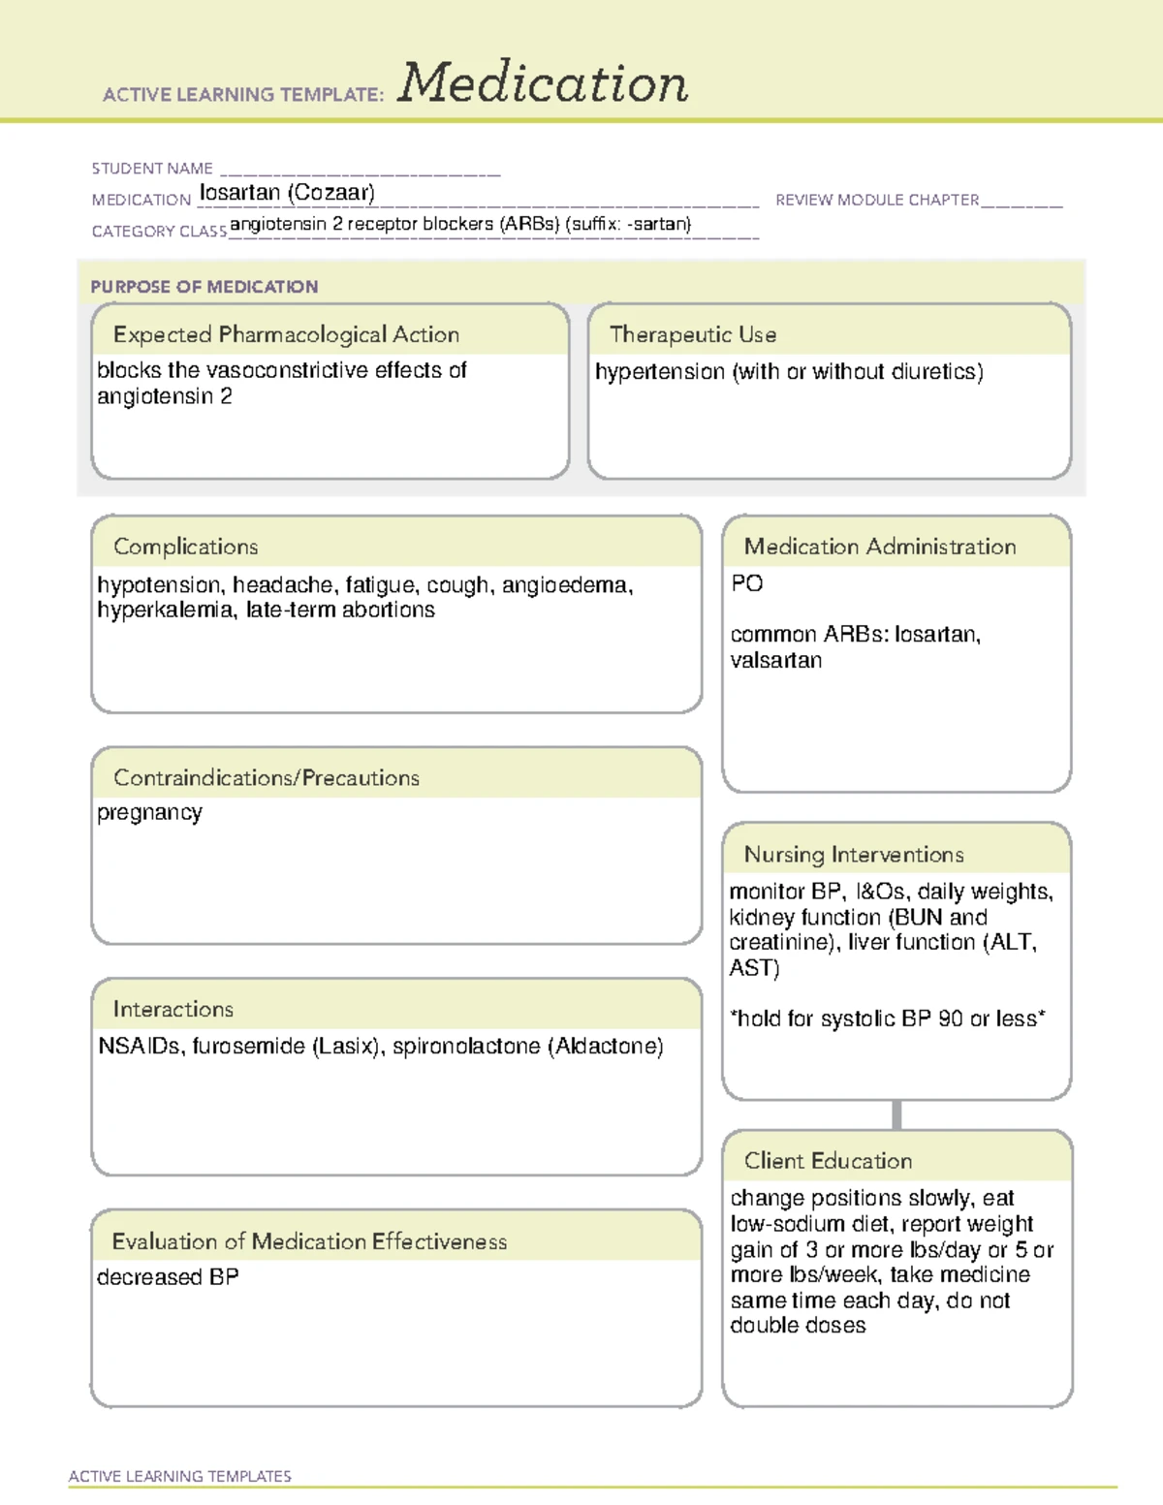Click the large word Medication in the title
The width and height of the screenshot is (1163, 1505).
coord(543,83)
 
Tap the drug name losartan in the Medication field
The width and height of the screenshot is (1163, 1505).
coord(239,193)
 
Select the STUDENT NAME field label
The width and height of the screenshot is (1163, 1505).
coord(152,169)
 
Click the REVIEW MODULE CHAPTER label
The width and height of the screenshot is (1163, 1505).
coord(877,201)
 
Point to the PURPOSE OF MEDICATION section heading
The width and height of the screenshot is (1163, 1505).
coord(204,287)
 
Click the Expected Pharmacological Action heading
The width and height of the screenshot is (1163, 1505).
coord(286,334)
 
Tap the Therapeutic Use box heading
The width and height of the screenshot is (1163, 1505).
coord(692,334)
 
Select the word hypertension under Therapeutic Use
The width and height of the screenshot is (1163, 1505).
coord(660,372)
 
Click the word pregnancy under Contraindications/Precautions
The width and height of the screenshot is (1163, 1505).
coord(149,813)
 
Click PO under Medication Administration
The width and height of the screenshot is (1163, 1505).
coord(746,583)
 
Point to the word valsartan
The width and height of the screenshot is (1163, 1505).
coord(775,661)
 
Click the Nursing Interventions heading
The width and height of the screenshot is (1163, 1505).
coord(853,855)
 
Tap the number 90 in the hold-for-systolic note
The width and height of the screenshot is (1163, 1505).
coord(950,1019)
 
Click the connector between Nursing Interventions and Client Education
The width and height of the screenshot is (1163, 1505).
coord(896,1114)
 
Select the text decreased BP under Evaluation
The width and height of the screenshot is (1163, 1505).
coord(168,1277)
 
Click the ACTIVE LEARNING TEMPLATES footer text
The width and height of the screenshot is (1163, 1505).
coord(179,1476)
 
